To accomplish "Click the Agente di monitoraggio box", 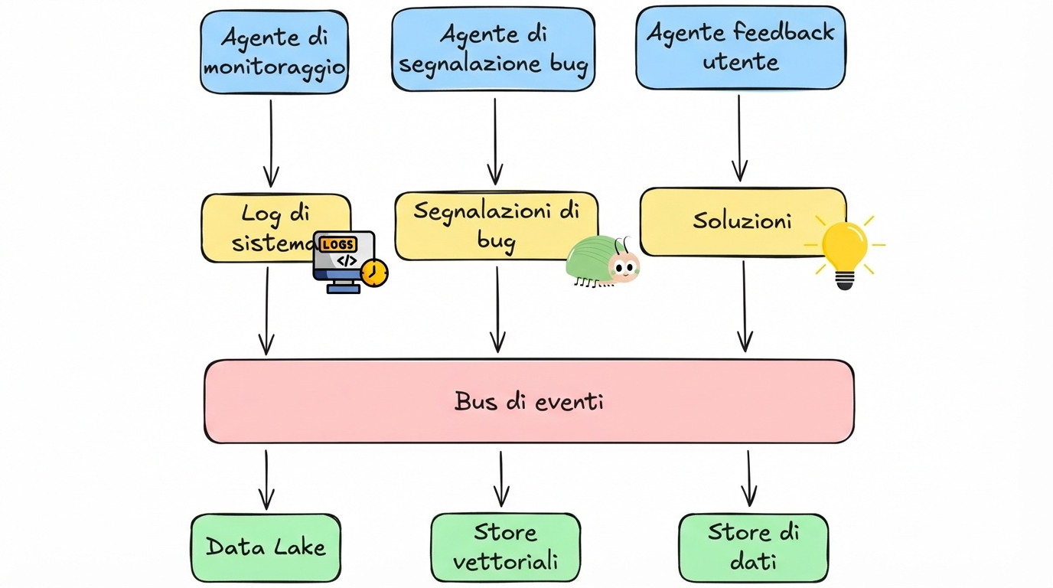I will [x=274, y=52].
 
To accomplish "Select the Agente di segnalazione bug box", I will [x=493, y=50].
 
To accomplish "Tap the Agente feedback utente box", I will [x=740, y=47].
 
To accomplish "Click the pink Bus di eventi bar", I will [x=529, y=401].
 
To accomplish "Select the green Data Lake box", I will [x=266, y=547].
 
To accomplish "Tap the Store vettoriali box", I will [x=505, y=547].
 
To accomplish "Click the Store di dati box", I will [x=753, y=547].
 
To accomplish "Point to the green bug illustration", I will [x=601, y=261].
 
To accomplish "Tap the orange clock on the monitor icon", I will [x=374, y=273].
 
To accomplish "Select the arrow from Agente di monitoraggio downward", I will [x=271, y=142].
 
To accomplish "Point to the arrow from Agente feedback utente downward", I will [x=739, y=138].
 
